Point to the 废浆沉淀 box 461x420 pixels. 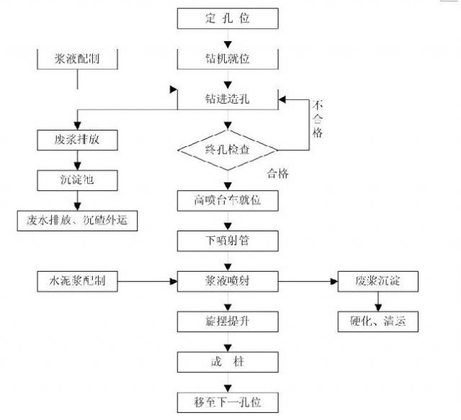pos(378,281)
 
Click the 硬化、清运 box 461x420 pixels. pos(378,321)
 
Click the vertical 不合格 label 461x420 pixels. pos(318,120)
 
